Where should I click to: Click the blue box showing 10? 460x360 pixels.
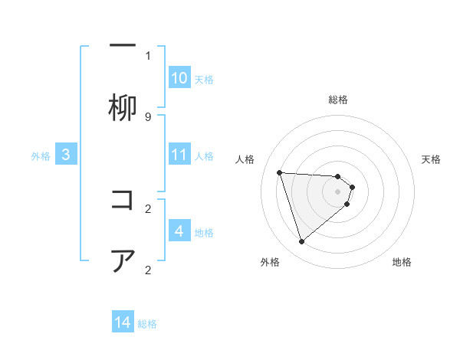pos(179,78)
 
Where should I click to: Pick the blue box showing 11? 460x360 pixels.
pos(179,155)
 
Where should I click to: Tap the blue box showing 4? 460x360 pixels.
pos(179,231)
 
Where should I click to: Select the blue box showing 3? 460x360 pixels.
pos(66,155)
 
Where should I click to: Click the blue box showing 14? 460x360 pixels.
pos(123,323)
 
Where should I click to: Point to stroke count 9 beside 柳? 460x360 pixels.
pos(148,117)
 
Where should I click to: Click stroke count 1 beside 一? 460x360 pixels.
pos(148,55)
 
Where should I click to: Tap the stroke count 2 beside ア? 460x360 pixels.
pos(148,270)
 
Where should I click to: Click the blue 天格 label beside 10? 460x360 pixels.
pos(204,79)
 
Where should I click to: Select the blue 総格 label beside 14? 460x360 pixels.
pos(147,324)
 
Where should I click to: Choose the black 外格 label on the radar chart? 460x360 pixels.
pos(270,262)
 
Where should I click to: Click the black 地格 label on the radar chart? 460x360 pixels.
pos(402,262)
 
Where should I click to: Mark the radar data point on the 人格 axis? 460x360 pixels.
pos(279,172)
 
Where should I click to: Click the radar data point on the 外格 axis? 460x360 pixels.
pos(301,242)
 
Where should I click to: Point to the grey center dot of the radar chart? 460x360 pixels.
pos(337,191)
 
